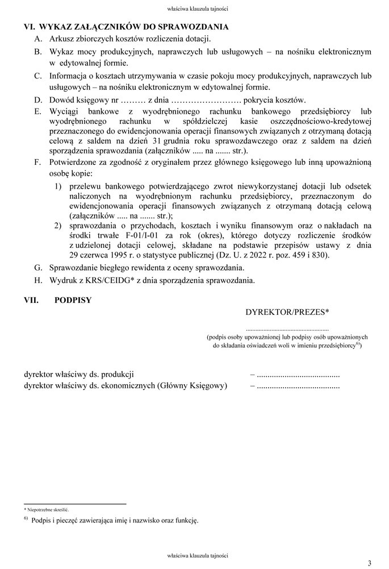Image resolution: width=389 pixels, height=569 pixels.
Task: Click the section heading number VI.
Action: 28,27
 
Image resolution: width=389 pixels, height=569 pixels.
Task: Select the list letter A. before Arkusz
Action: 38,39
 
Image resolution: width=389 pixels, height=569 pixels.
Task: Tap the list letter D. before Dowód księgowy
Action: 38,99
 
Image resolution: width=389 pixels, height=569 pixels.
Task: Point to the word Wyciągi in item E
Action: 64,111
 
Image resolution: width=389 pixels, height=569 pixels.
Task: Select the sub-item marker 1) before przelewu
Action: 58,186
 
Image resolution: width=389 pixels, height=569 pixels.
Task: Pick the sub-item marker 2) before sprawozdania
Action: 58,226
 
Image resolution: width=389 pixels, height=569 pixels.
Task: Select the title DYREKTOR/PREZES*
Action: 287,312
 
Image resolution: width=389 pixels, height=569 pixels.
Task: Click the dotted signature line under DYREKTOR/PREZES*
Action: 287,329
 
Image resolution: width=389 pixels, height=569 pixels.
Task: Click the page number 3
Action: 369,563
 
